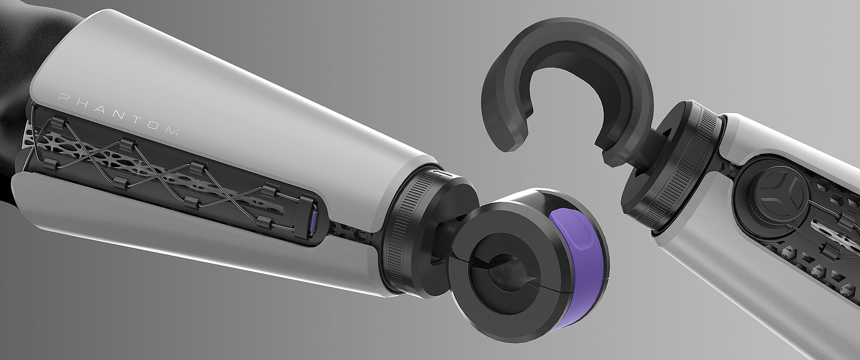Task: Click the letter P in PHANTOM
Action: (x=62, y=98)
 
